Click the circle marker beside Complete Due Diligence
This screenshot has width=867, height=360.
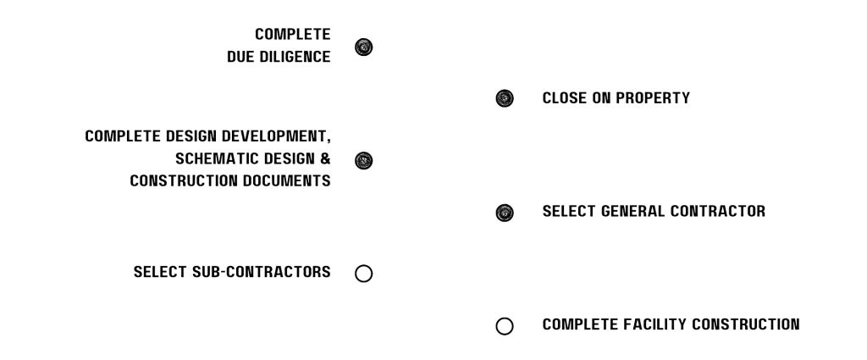click(363, 47)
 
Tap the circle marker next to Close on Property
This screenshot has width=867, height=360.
click(505, 99)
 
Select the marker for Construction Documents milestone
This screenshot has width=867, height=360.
click(363, 159)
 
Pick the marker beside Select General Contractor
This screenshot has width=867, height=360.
click(505, 211)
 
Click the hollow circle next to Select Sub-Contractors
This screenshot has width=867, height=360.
click(363, 273)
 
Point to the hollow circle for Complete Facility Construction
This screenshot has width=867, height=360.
click(505, 324)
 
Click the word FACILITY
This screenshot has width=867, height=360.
click(654, 324)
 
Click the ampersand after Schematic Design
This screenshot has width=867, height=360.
click(326, 158)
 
